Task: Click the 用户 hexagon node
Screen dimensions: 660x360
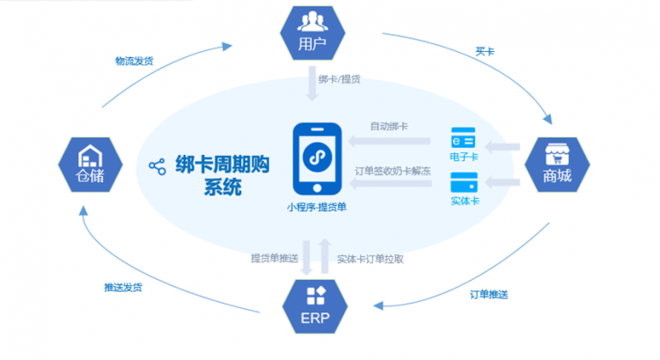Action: pyautogui.click(x=312, y=33)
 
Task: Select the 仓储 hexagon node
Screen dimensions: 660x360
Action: pyautogui.click(x=91, y=165)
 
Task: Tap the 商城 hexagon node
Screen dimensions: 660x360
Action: pyautogui.click(x=557, y=165)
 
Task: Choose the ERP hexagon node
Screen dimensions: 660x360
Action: pyautogui.click(x=315, y=306)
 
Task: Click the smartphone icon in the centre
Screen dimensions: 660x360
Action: pyautogui.click(x=318, y=158)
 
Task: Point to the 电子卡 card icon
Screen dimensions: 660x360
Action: pyautogui.click(x=463, y=137)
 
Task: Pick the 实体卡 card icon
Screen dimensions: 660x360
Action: pyautogui.click(x=464, y=182)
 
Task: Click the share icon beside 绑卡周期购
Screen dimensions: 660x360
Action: pyautogui.click(x=158, y=166)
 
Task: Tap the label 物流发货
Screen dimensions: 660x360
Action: pyautogui.click(x=135, y=61)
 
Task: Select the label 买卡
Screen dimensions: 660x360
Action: pyautogui.click(x=485, y=52)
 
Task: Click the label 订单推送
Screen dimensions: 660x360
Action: pyautogui.click(x=488, y=294)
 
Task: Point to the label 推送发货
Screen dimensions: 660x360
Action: pyautogui.click(x=123, y=287)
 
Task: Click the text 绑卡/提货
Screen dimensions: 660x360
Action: pyautogui.click(x=340, y=79)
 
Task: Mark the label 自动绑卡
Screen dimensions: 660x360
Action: pyautogui.click(x=389, y=126)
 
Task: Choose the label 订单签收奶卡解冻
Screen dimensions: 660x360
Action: pyautogui.click(x=392, y=171)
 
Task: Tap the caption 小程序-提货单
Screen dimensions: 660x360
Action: pyautogui.click(x=317, y=207)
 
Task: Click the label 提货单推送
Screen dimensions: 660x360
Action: pyautogui.click(x=275, y=258)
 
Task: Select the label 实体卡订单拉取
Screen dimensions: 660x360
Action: pyautogui.click(x=370, y=259)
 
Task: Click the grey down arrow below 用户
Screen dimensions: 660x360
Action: pyautogui.click(x=312, y=84)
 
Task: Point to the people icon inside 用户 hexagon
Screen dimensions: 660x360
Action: pyautogui.click(x=312, y=21)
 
